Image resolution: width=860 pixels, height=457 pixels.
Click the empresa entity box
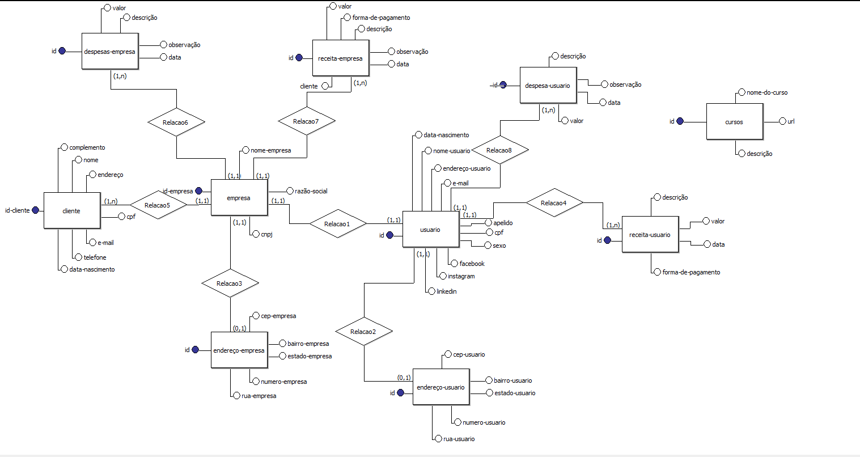[x=239, y=197]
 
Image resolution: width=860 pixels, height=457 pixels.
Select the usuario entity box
[x=431, y=229]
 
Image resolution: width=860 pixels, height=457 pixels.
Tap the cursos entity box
[x=735, y=121]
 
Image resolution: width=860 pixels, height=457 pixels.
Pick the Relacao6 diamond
[x=176, y=122]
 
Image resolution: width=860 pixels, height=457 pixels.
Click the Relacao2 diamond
[x=363, y=331]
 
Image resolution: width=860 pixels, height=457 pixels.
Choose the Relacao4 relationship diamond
[x=554, y=202]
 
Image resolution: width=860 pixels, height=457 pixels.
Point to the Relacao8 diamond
[x=500, y=150]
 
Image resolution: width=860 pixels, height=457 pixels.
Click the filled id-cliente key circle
[x=35, y=210]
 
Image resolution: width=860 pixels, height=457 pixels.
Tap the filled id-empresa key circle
[x=198, y=191]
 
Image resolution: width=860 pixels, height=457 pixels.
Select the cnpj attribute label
[x=267, y=234]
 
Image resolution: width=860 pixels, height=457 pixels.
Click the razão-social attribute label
[x=311, y=191]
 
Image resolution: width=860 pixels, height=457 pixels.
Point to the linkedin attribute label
[x=447, y=291]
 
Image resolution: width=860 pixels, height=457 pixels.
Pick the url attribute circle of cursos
[x=782, y=121]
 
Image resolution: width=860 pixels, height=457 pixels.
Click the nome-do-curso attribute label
[x=767, y=92]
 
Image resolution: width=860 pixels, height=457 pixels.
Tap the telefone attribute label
[x=95, y=257]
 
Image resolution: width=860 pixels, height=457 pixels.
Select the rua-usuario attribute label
[x=459, y=438]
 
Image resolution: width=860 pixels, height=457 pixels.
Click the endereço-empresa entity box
[x=239, y=350]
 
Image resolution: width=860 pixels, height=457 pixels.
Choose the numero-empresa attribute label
[x=283, y=382]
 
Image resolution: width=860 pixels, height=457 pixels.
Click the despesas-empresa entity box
[x=110, y=51]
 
